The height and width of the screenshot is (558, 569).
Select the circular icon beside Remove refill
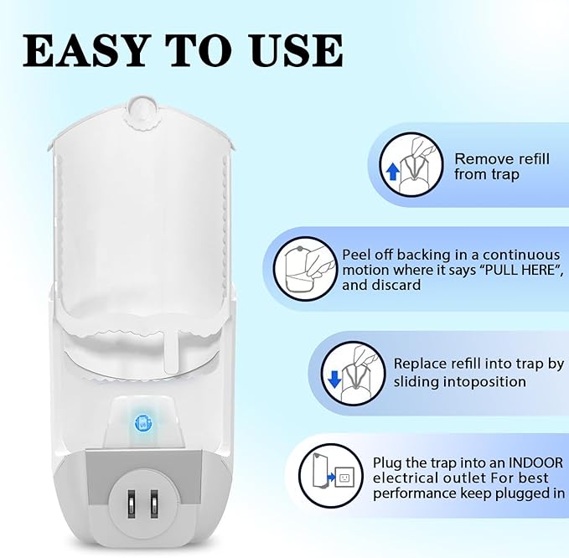(x=413, y=165)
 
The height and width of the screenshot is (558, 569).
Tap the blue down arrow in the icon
(x=335, y=379)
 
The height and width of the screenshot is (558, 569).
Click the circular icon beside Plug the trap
(x=334, y=477)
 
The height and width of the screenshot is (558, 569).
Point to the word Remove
(x=482, y=158)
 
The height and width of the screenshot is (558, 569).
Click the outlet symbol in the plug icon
(x=344, y=478)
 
